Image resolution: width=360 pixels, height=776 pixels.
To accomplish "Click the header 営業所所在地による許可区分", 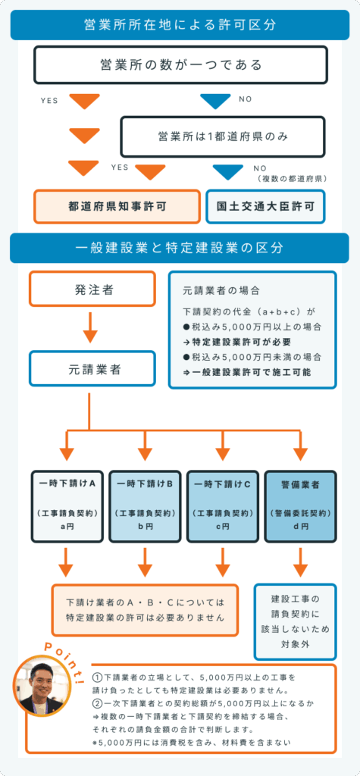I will pyautogui.click(x=180, y=25).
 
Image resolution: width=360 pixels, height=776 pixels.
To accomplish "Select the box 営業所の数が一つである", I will pyautogui.click(x=180, y=64).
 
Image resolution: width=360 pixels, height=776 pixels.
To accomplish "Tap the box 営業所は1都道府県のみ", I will pyautogui.click(x=222, y=136).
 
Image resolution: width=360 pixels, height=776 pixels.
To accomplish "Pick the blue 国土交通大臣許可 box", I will pyautogui.click(x=265, y=206).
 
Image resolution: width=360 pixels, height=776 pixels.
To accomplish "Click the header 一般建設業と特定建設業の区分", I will pyautogui.click(x=180, y=248).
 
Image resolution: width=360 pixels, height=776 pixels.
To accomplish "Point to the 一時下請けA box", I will pyautogui.click(x=67, y=507).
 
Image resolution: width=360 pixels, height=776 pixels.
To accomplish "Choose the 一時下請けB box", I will pyautogui.click(x=145, y=507).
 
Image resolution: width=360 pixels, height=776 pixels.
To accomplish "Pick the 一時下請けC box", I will pyautogui.click(x=223, y=507).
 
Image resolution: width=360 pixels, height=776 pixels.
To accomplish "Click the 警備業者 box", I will pyautogui.click(x=300, y=507).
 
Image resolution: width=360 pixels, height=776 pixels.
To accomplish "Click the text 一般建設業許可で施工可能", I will pyautogui.click(x=248, y=372).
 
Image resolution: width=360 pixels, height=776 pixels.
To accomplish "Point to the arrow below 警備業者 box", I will pyautogui.click(x=300, y=562).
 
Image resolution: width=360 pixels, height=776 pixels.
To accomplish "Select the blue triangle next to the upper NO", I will pyautogui.click(x=215, y=100).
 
